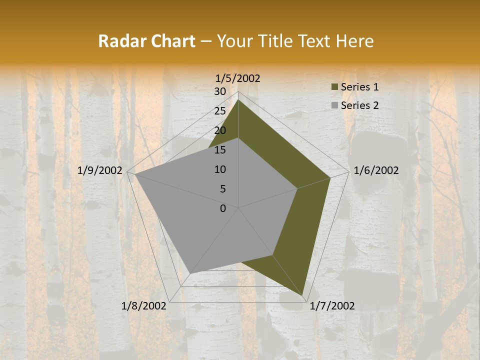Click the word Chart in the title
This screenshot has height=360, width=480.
170,41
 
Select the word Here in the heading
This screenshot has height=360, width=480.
354,41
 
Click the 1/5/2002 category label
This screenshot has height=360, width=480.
238,78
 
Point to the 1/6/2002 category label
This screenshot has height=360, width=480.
376,170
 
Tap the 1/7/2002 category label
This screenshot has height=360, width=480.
332,306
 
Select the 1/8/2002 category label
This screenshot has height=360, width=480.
144,306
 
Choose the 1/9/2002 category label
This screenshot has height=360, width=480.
100,170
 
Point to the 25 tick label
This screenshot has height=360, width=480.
220,111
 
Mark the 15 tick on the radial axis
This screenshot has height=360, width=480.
220,150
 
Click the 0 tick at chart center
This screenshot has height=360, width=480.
223,208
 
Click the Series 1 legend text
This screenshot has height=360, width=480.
359,87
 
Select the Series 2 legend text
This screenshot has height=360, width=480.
359,105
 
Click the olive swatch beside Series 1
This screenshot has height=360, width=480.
334,87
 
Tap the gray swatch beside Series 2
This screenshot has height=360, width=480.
334,105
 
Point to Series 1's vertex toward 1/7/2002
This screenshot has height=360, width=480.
303,295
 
